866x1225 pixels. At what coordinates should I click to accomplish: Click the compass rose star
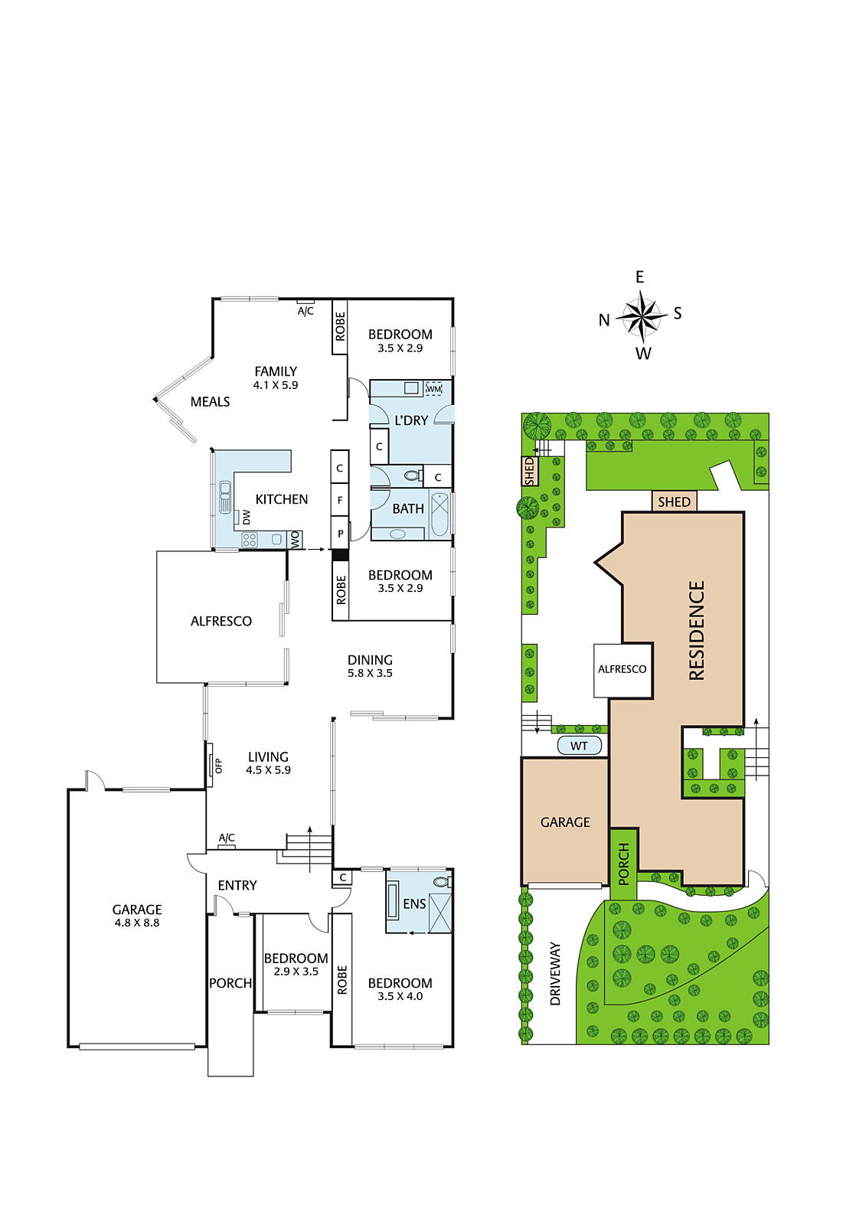[x=641, y=315]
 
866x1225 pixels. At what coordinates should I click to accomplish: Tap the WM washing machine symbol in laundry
[x=433, y=388]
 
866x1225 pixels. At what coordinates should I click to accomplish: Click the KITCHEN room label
[x=282, y=498]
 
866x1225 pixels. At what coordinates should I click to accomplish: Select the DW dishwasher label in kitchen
[x=247, y=518]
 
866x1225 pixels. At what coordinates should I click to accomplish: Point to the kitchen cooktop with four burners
[x=250, y=541]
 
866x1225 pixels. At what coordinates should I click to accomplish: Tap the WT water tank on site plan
[x=579, y=746]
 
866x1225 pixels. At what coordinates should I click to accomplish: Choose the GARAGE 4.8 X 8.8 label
[x=137, y=916]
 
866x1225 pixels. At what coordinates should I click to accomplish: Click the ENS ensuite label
[x=414, y=904]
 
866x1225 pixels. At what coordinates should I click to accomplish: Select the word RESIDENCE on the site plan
[x=697, y=630]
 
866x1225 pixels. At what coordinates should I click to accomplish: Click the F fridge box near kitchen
[x=340, y=500]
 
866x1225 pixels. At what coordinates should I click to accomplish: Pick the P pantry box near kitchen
[x=340, y=533]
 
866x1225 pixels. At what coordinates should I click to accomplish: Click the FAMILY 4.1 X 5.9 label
[x=275, y=377]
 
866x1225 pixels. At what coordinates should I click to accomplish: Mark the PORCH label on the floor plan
[x=230, y=983]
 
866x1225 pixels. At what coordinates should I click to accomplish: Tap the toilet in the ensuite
[x=443, y=881]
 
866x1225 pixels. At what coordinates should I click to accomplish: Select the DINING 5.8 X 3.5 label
[x=370, y=665]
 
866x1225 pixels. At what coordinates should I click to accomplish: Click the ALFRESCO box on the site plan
[x=623, y=670]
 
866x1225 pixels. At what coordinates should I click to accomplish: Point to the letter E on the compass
[x=639, y=277]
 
